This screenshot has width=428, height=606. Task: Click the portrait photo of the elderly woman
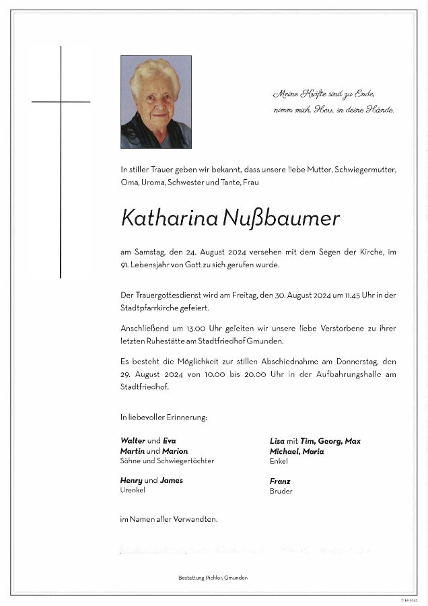tap(155, 102)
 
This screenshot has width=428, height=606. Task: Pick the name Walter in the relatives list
tap(133, 441)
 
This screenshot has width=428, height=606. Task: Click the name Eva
tap(170, 441)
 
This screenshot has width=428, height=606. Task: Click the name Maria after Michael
tap(313, 451)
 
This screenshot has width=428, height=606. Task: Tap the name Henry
tap(131, 480)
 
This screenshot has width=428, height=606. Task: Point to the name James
tap(172, 480)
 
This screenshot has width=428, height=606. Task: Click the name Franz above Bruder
tap(280, 481)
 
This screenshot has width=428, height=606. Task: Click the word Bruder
tap(281, 492)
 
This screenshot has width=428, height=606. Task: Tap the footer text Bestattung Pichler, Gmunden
tap(213, 578)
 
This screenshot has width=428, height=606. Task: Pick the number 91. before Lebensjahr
tap(125, 265)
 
